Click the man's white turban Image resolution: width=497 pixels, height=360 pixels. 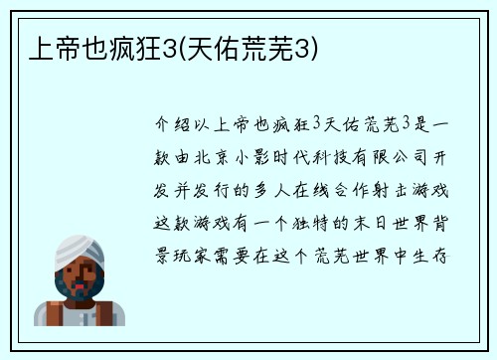click(x=78, y=253)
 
